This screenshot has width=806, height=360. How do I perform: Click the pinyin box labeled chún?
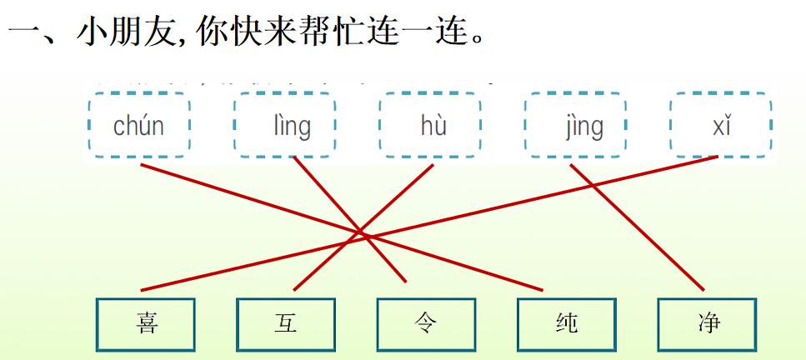click(x=139, y=126)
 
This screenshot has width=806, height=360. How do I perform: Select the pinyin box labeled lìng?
click(x=285, y=126)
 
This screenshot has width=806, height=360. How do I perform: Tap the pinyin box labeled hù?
click(x=432, y=126)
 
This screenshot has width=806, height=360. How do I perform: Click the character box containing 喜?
click(x=146, y=323)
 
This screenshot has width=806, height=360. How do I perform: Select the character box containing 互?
click(x=286, y=323)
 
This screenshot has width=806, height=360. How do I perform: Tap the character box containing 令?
click(x=426, y=323)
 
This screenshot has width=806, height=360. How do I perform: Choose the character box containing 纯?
click(x=567, y=323)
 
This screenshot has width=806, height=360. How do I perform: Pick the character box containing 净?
click(x=707, y=323)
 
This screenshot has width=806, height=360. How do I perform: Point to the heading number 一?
click(x=23, y=35)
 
